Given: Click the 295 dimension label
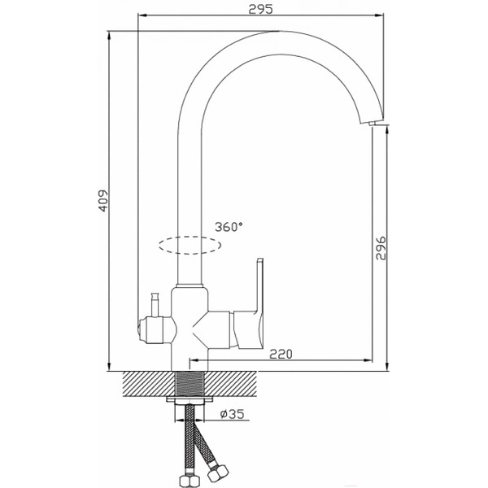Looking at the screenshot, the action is tap(260, 9).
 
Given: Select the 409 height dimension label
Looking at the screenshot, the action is tap(103, 201).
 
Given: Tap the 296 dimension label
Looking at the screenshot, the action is tap(381, 248).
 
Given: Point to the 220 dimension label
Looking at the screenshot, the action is tap(281, 354).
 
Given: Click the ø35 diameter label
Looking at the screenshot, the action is tap(232, 414).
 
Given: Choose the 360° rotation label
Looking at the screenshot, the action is tap(229, 227).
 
